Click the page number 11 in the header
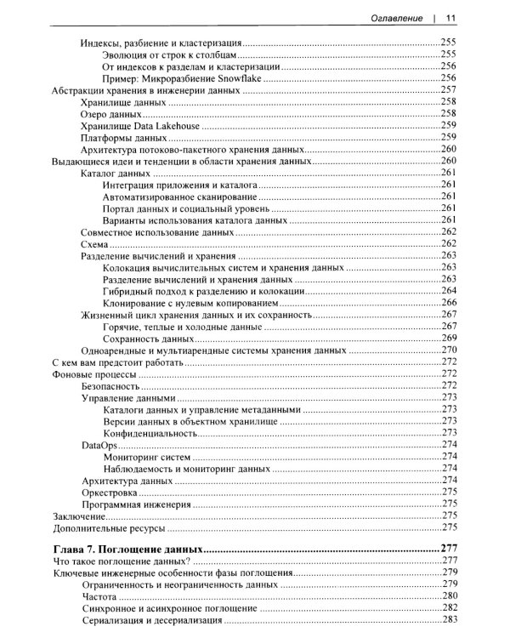[451, 18]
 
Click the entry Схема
[94, 243]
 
